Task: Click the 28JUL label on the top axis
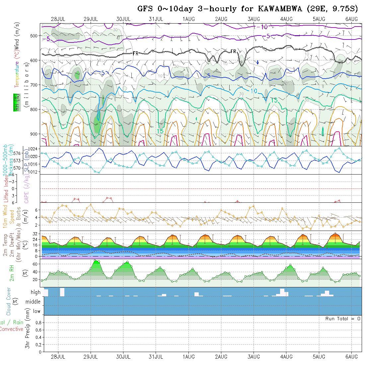click(x=58, y=19)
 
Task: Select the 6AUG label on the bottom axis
click(x=351, y=357)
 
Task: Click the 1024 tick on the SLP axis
click(x=34, y=148)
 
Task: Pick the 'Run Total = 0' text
click(x=343, y=319)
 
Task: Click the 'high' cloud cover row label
click(x=36, y=292)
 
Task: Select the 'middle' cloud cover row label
click(x=33, y=302)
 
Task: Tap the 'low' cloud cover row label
click(x=36, y=311)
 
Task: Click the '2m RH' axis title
click(x=12, y=273)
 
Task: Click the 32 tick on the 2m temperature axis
click(x=35, y=234)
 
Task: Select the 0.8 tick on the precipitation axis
click(x=38, y=323)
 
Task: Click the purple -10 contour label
click(x=263, y=27)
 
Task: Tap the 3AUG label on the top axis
click(x=254, y=19)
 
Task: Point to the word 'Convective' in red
click(x=12, y=329)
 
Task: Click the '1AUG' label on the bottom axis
click(x=188, y=357)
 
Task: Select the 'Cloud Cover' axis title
click(x=9, y=302)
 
